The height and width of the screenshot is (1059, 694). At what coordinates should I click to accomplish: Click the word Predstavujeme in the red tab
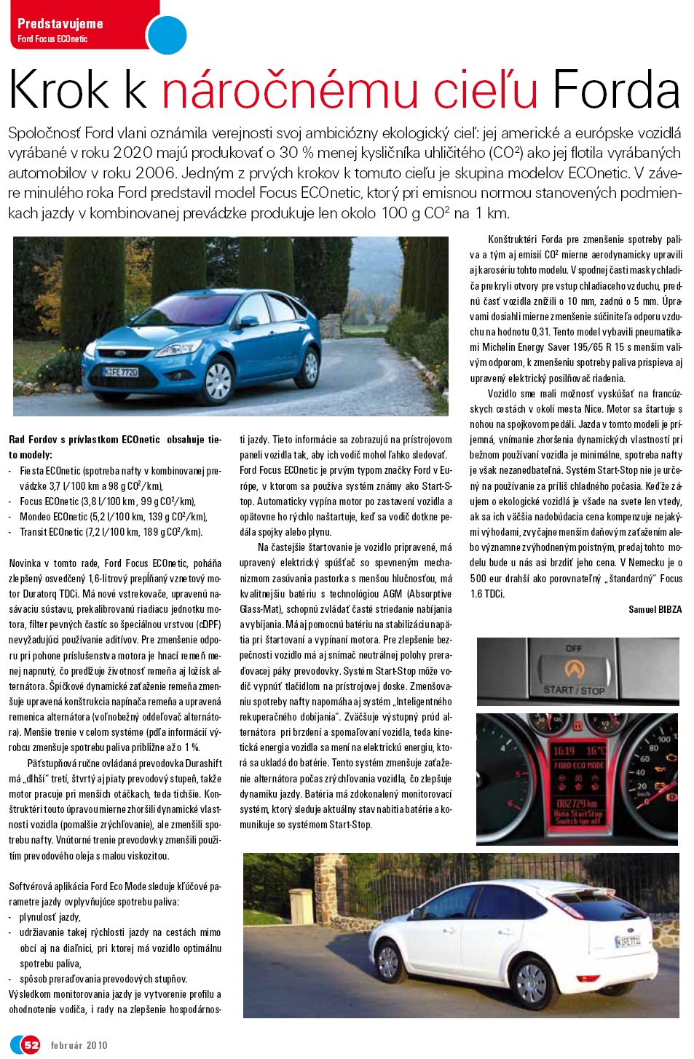[60, 23]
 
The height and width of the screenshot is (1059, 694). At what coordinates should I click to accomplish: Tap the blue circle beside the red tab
[167, 34]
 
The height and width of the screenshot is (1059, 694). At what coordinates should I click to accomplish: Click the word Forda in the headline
[616, 90]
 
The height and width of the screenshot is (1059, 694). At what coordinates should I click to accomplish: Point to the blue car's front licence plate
[120, 373]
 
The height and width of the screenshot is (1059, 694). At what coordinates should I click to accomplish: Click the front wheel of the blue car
[218, 379]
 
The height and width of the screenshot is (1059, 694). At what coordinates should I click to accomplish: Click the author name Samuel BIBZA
[655, 609]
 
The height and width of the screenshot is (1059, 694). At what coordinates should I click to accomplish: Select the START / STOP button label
[574, 690]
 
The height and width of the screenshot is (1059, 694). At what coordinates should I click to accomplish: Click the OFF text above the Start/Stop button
[574, 649]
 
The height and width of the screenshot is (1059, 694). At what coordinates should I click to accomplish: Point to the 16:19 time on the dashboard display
[564, 750]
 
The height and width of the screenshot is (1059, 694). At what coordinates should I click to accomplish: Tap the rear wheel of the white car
[532, 980]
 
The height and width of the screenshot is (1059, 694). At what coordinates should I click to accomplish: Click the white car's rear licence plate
[628, 941]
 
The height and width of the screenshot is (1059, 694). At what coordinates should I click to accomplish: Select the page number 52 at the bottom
[31, 1044]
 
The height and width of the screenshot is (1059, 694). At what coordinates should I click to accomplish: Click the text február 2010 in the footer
[79, 1045]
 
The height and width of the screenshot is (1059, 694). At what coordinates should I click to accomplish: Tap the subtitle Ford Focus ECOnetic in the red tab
[52, 39]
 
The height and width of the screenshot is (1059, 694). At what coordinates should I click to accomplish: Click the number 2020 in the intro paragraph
[132, 153]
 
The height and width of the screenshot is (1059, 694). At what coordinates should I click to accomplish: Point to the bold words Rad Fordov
[33, 440]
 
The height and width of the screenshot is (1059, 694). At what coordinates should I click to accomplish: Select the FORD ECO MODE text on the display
[578, 765]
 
